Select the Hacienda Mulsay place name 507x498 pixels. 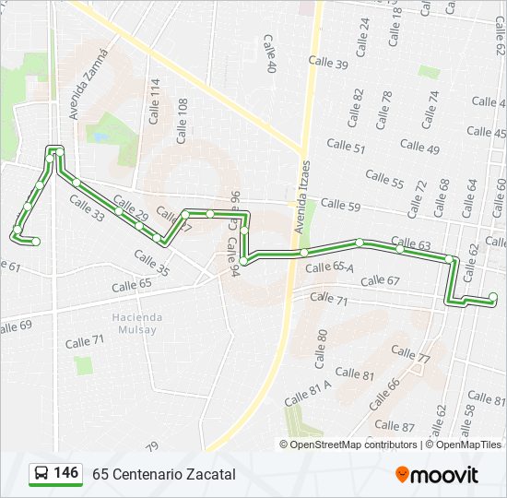tap(137, 323)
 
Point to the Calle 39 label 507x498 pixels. tap(328, 64)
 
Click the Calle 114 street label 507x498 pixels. tap(155, 101)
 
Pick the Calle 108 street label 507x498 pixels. tap(183, 113)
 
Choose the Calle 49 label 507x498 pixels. tap(419, 146)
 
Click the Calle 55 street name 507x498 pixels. tap(384, 178)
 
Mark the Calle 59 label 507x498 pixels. tap(340, 205)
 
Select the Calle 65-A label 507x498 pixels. tap(330, 267)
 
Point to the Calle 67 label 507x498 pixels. tap(380, 280)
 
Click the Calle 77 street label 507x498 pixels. tap(410, 353)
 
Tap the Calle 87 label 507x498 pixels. tap(395, 426)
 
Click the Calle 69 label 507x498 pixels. tap(16, 326)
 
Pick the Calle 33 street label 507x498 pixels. tap(87, 208)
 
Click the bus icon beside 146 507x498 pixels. tap(41, 473)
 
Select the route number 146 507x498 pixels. tap(65, 473)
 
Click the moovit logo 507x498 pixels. tap(437, 475)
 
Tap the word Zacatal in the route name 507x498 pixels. tap(209, 474)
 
